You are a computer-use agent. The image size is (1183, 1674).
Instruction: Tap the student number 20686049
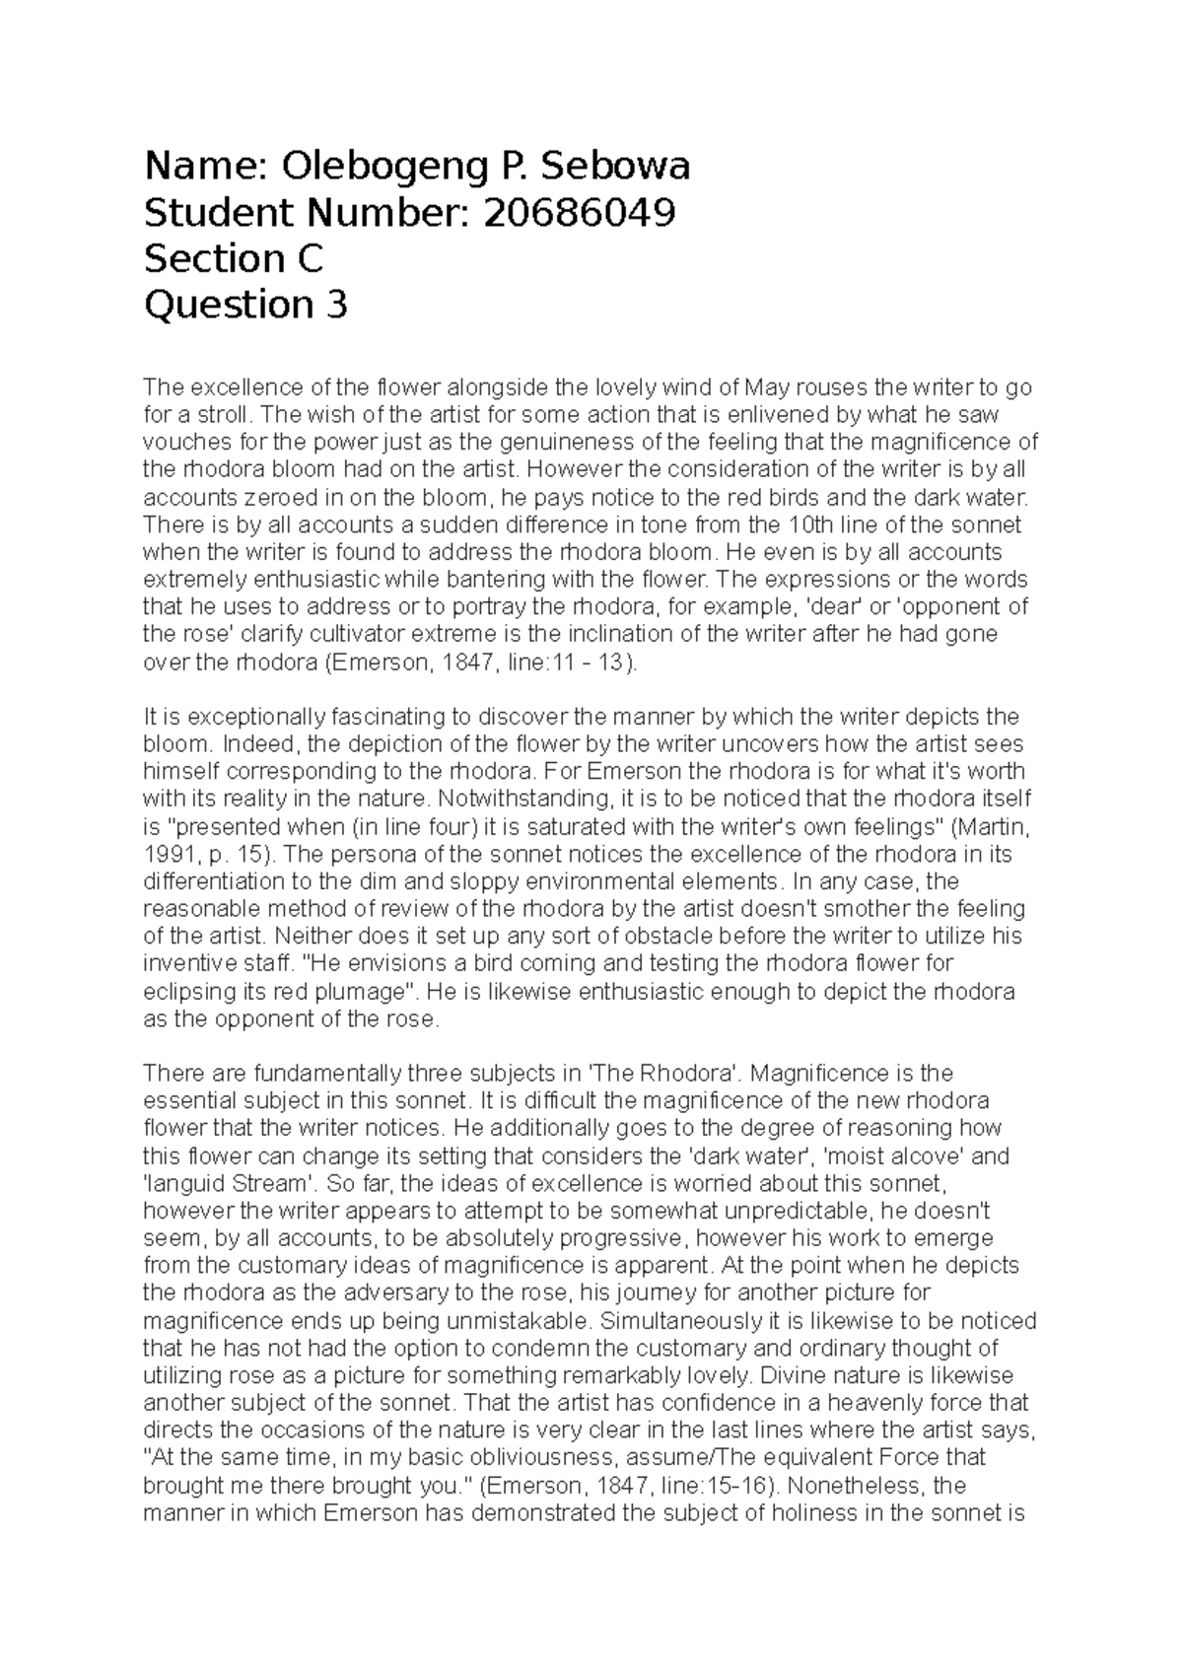pyautogui.click(x=578, y=213)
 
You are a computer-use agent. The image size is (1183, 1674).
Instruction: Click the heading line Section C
pyautogui.click(x=234, y=259)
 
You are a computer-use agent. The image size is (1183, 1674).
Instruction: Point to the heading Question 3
pyautogui.click(x=245, y=306)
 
